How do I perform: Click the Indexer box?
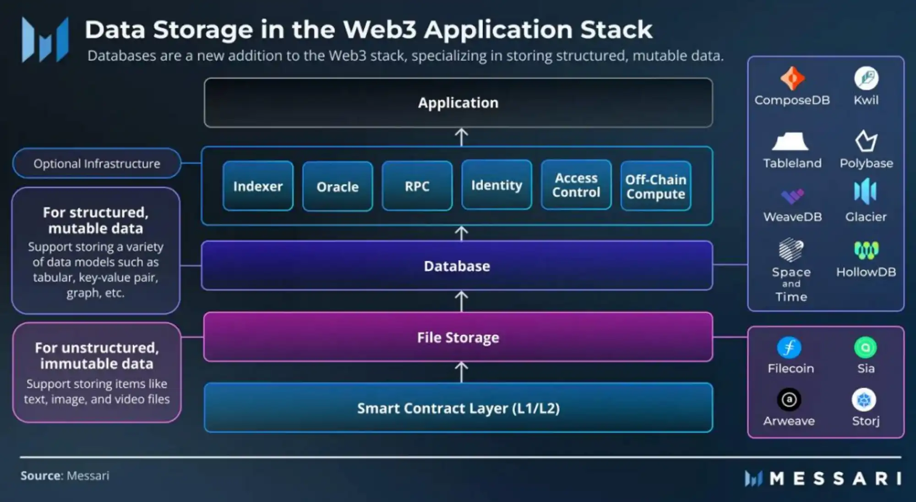pos(258,186)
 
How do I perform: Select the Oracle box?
pos(338,186)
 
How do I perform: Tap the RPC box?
pos(417,186)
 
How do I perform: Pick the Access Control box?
pos(576,185)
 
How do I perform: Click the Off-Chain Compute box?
pos(656,186)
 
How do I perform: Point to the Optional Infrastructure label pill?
pos(97,163)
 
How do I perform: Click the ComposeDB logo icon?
pos(792,78)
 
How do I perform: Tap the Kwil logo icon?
pos(866,78)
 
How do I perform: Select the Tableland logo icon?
pos(791,142)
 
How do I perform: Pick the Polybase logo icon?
pos(866,141)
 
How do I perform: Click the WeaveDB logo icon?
pos(792,196)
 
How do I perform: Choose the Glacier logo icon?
pos(865,191)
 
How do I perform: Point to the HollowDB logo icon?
pos(866,250)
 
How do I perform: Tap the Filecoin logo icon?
pos(789,348)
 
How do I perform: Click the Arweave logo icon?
pos(789,400)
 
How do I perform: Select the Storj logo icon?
pos(864,400)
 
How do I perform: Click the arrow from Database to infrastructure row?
pos(461,233)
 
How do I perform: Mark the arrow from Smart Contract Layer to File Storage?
pos(461,372)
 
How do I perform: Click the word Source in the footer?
pos(41,476)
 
